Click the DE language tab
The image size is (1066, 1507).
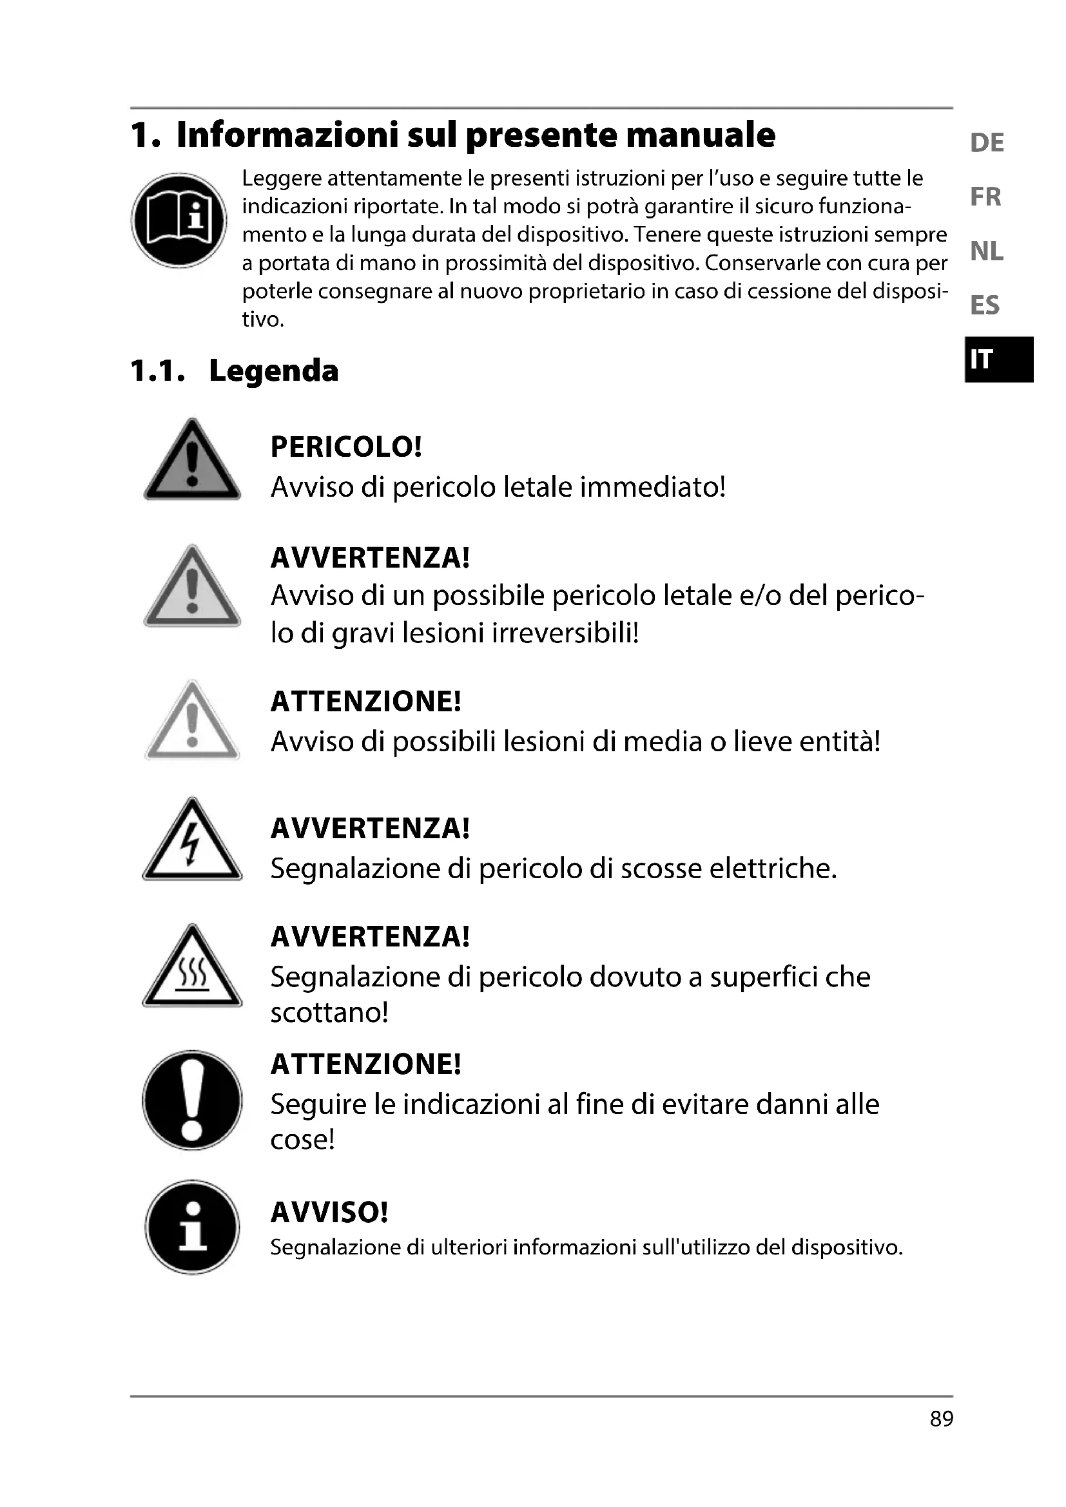(987, 142)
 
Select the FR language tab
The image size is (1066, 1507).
(985, 197)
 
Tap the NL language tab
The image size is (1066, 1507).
(986, 251)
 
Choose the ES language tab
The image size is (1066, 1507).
(985, 305)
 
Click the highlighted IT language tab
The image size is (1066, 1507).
(999, 359)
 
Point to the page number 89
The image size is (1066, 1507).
(941, 1418)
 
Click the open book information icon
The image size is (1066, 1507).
(179, 220)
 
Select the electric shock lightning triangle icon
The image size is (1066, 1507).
(191, 842)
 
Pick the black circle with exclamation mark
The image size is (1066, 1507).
(191, 1100)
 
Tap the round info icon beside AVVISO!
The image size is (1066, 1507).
(191, 1227)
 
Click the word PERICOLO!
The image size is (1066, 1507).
(346, 447)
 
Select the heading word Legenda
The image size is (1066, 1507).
(273, 371)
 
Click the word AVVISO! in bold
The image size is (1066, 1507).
(329, 1213)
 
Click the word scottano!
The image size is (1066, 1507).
(329, 1013)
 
